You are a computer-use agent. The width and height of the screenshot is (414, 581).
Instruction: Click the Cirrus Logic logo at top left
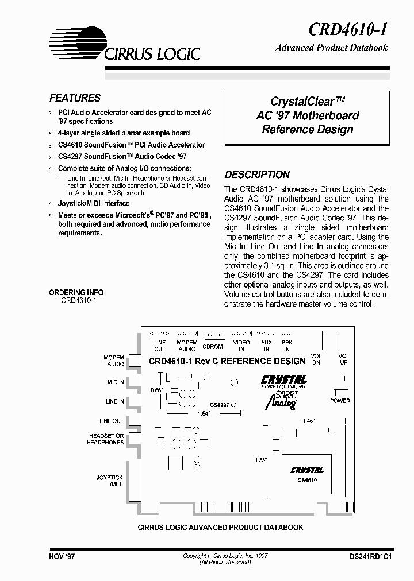[x=124, y=44]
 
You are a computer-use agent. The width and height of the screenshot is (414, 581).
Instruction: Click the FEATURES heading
[x=75, y=98]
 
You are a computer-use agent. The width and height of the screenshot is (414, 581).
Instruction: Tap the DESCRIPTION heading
[x=257, y=175]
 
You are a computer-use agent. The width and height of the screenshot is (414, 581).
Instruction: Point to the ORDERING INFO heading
[x=76, y=292]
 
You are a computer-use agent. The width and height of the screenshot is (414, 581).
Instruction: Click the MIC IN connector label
[x=115, y=382]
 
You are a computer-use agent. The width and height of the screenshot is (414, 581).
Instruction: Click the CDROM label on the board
[x=212, y=347]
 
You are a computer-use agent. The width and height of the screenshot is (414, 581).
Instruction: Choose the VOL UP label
[x=343, y=359]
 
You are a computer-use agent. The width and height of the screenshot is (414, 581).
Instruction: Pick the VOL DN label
[x=316, y=359]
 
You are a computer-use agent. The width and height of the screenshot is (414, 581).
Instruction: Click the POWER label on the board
[x=340, y=401]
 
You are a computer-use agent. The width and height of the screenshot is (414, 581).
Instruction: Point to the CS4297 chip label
[x=220, y=405]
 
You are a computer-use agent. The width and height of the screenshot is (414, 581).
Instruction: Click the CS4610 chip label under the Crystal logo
[x=307, y=480]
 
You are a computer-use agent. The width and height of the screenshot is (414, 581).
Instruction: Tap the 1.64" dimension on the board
[x=203, y=413]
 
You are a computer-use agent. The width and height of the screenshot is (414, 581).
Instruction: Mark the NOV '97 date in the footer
[x=62, y=557]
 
